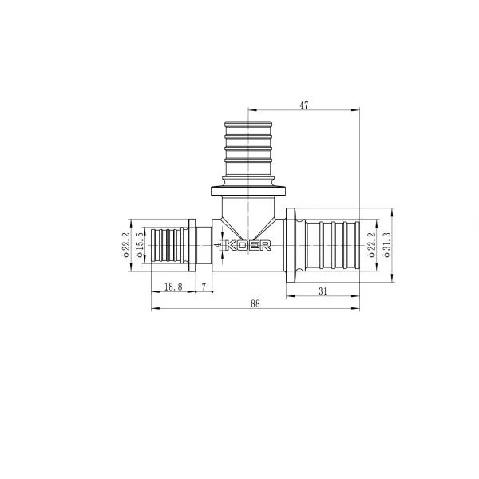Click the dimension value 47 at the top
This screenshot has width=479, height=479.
303,105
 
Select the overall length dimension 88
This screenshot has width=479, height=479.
255,303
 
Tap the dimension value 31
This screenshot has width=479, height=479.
323,291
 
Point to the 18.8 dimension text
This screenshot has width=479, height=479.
172,286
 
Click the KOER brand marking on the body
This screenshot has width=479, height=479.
251,246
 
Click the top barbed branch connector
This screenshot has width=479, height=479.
249,152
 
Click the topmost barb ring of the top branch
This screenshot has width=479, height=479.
249,125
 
